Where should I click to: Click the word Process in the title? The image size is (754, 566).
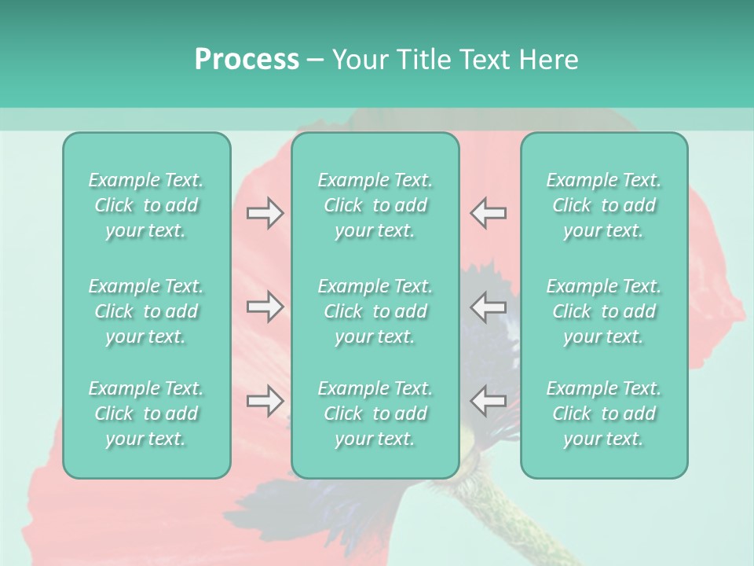[x=247, y=60]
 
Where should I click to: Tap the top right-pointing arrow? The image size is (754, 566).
[x=265, y=213]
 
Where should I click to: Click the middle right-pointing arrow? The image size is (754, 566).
[x=265, y=307]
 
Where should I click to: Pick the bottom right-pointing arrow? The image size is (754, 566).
[x=265, y=401]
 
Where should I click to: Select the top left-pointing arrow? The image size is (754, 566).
[x=488, y=213]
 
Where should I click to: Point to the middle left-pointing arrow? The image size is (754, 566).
[x=488, y=307]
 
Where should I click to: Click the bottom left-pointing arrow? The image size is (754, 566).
[x=488, y=401]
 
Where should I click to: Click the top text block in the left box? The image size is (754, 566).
[x=146, y=205]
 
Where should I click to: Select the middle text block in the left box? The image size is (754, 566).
[x=146, y=311]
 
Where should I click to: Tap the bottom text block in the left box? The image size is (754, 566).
[x=146, y=413]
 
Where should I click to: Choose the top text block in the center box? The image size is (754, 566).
[x=375, y=205]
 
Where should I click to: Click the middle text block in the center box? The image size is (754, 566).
[x=375, y=311]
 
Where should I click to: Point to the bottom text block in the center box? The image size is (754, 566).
[x=375, y=413]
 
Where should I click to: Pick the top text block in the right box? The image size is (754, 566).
[x=604, y=205]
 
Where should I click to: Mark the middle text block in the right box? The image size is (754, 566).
[x=604, y=311]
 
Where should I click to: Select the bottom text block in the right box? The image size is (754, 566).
[x=604, y=413]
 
